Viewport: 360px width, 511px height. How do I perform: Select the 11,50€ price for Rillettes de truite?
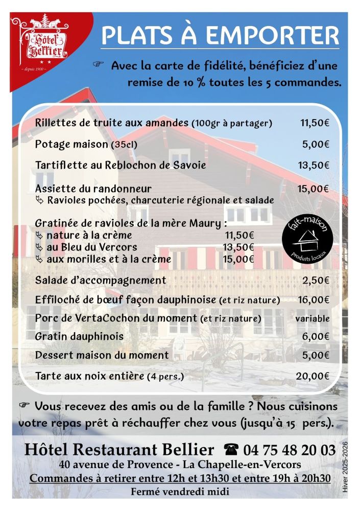tap(314, 123)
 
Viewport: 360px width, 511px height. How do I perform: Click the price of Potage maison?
tap(316, 145)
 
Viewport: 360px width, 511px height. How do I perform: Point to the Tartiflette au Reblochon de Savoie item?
tap(121, 166)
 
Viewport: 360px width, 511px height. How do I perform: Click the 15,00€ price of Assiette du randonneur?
tap(314, 189)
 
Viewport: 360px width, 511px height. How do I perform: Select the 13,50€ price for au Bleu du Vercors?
tap(238, 247)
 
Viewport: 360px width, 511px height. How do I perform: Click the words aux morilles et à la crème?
tap(108, 259)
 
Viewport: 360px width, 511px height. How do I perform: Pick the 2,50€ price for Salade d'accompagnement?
tap(316, 280)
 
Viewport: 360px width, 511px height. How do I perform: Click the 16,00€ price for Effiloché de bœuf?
tap(314, 299)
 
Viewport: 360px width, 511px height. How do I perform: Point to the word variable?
tap(312, 318)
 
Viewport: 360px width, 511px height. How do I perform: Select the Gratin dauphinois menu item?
tap(79, 337)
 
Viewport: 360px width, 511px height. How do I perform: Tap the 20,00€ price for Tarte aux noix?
tap(313, 376)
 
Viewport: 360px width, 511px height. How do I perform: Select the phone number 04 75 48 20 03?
tap(290, 450)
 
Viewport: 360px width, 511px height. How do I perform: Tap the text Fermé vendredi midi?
tap(179, 492)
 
